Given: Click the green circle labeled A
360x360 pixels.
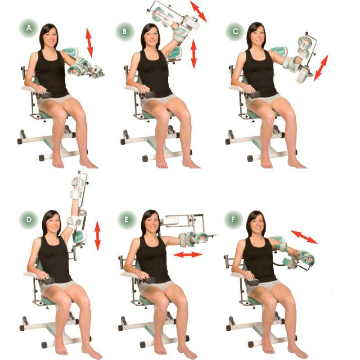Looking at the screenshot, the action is (x=29, y=28).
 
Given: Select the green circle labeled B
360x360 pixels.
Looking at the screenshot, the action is (x=125, y=31).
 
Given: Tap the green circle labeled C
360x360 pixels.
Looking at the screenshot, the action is (x=235, y=31).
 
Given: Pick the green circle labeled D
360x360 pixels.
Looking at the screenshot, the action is (x=29, y=220).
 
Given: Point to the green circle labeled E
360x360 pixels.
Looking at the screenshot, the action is (x=127, y=220).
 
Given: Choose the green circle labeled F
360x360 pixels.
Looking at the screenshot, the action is (x=233, y=220).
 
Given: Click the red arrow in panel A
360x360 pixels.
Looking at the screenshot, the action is (x=89, y=43).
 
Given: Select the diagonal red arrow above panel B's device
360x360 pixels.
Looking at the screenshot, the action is (x=198, y=11).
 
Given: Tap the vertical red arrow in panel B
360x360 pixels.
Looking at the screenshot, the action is (x=194, y=54).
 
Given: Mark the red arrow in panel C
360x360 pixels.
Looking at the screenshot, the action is (x=321, y=68).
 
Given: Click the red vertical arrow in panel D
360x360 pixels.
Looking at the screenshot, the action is (x=98, y=236).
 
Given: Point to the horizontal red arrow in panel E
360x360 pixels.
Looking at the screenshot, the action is (x=188, y=255).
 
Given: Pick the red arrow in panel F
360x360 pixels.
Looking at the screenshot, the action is (x=304, y=237).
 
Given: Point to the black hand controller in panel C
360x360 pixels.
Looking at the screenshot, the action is (x=253, y=94).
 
